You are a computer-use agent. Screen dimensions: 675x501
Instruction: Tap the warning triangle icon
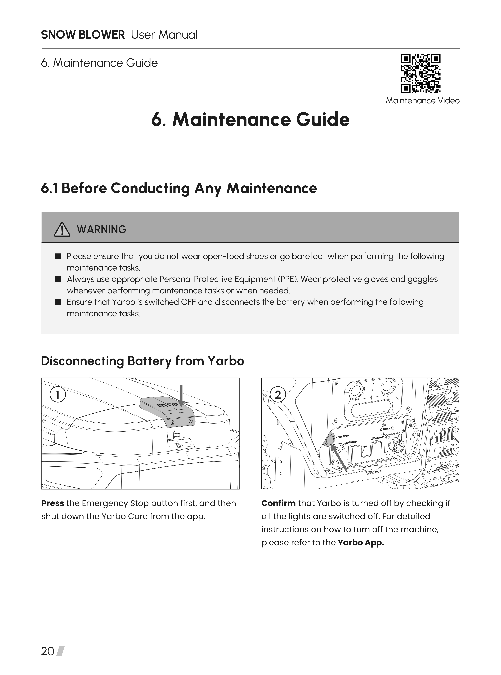(62, 230)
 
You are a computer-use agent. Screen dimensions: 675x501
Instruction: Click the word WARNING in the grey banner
(102, 230)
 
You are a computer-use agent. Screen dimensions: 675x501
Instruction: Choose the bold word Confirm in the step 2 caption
(278, 503)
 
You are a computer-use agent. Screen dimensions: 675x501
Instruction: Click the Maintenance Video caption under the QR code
(422, 101)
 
